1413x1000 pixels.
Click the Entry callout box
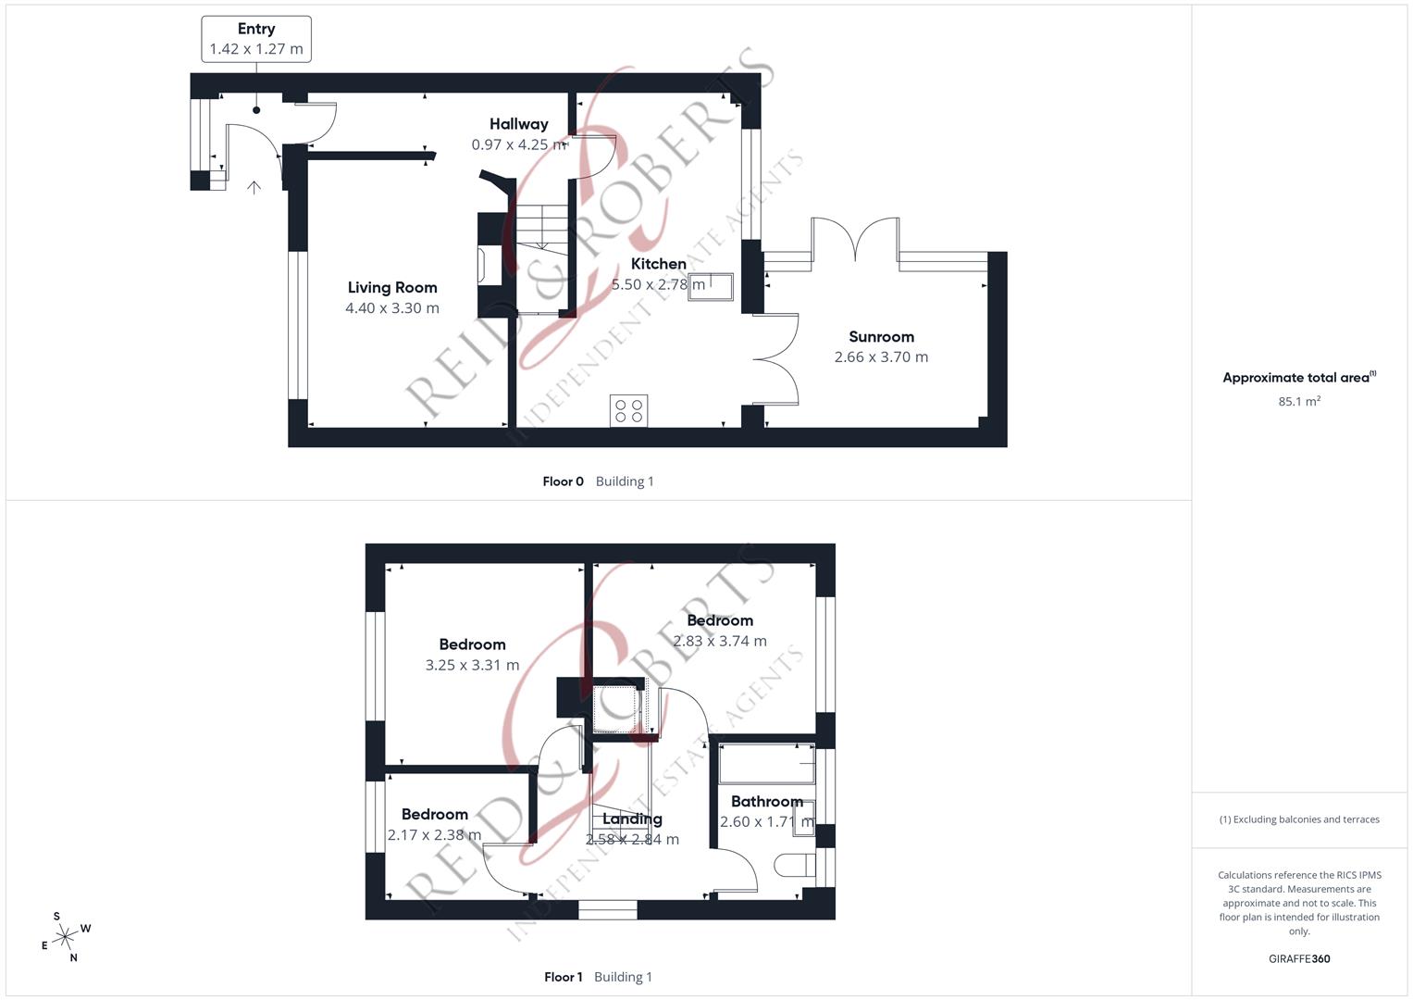(x=256, y=39)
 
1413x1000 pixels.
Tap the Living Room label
(x=392, y=288)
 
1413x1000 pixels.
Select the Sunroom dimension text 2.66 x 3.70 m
(x=881, y=357)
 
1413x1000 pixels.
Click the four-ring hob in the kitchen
(x=629, y=410)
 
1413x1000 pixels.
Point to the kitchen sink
(x=711, y=287)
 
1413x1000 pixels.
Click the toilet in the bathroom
(x=795, y=866)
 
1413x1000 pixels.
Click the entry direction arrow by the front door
(x=254, y=187)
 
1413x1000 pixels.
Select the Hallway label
(x=519, y=124)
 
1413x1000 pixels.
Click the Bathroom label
(x=767, y=802)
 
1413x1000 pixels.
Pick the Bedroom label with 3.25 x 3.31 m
(x=473, y=644)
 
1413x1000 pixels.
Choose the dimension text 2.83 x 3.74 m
(x=720, y=642)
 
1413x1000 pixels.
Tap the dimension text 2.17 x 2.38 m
(x=435, y=835)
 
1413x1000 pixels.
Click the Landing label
(x=632, y=819)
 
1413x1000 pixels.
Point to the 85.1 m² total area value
(x=1299, y=402)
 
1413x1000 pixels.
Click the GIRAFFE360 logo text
(x=1299, y=959)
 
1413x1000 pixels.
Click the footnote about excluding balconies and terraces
(x=1299, y=819)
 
